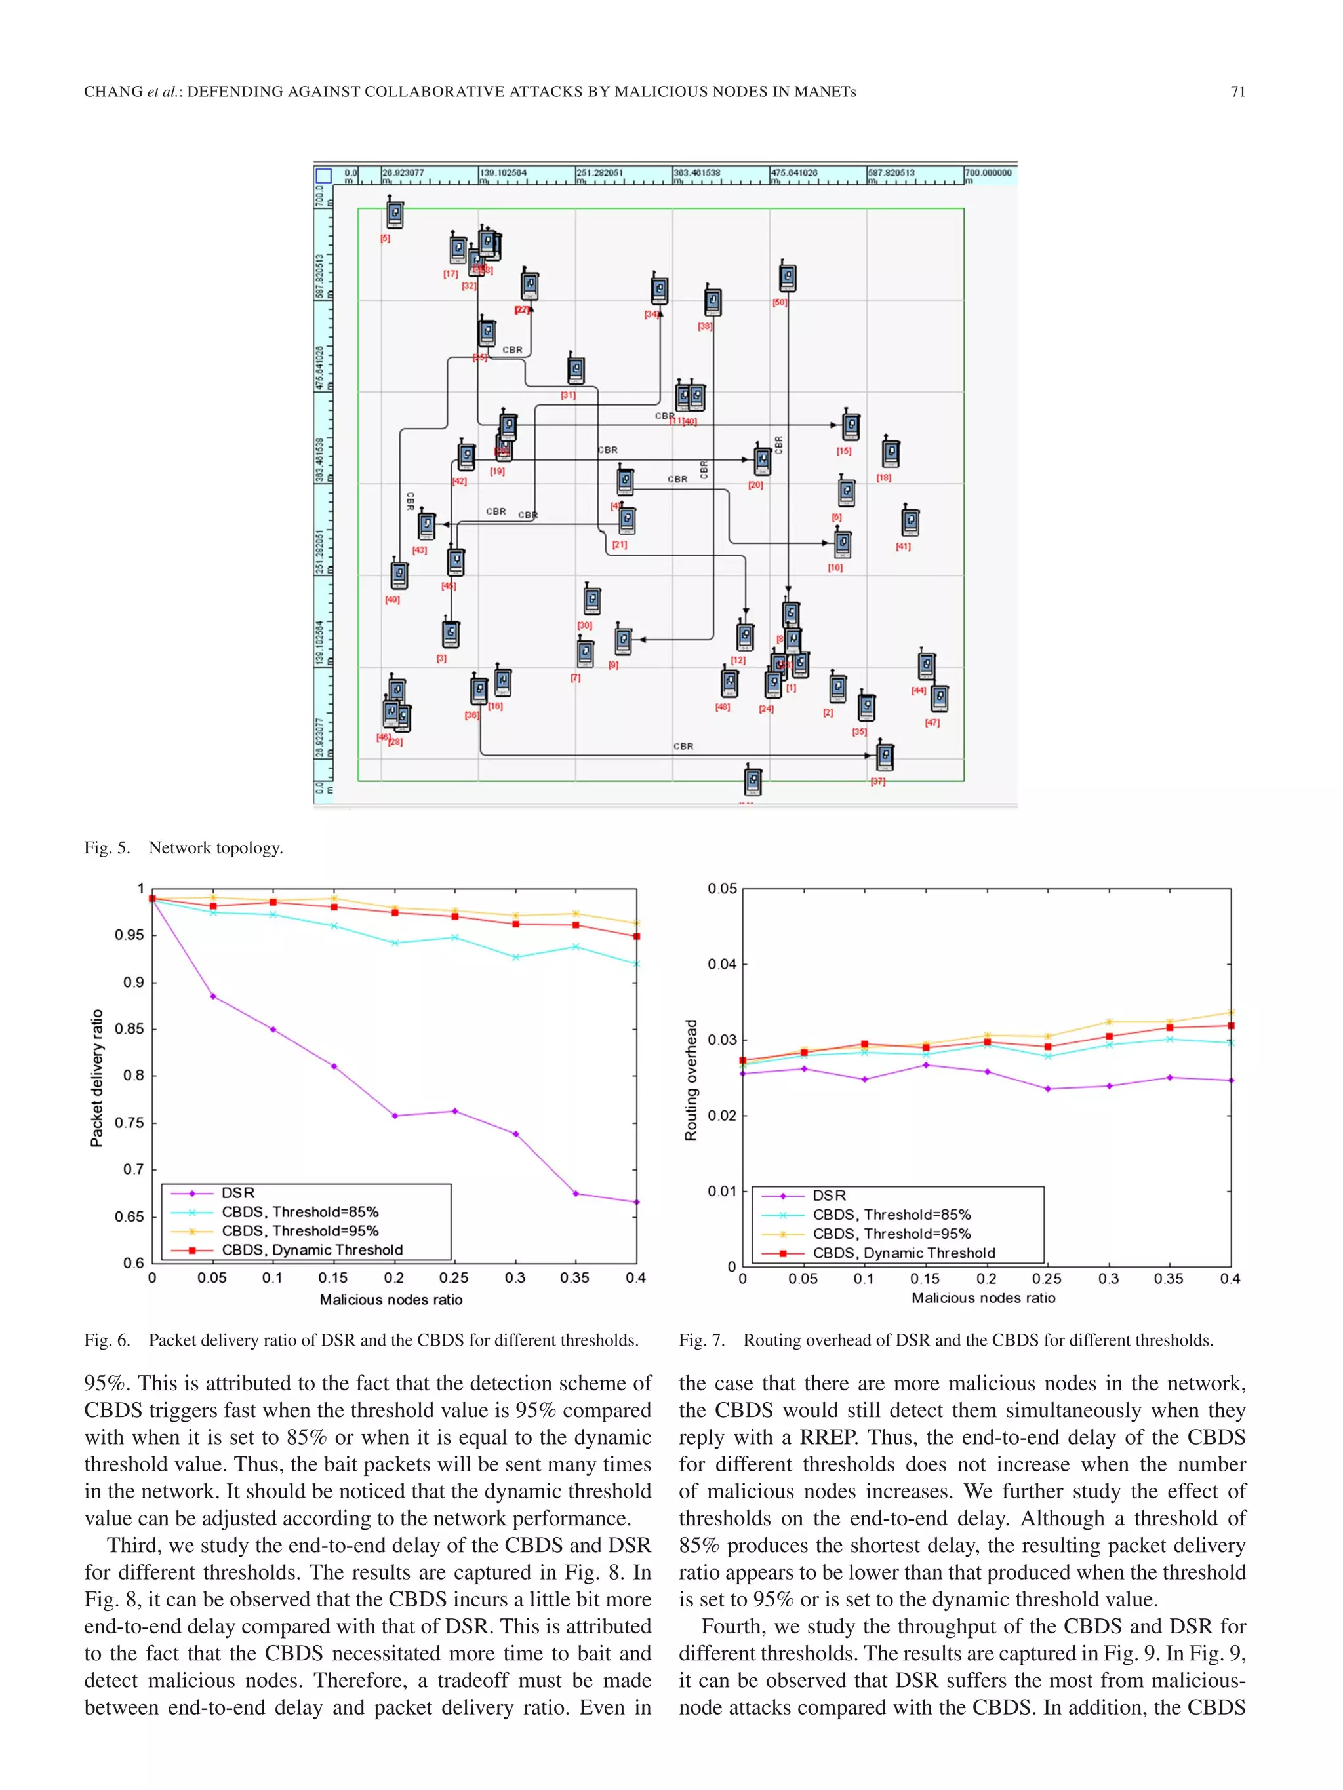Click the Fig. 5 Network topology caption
coord(184,848)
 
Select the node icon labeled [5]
coord(394,214)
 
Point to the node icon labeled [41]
coord(910,522)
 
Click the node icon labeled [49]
coord(398,575)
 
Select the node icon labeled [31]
coord(576,370)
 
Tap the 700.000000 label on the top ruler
coord(988,173)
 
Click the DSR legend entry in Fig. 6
coord(238,1193)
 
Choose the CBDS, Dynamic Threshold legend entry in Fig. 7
coord(904,1253)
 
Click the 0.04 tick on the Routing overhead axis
coord(722,963)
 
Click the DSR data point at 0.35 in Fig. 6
coord(576,1194)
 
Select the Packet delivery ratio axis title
coord(97,1078)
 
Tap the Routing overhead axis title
coord(691,1080)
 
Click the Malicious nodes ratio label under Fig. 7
coord(983,1298)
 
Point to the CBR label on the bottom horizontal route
coord(683,746)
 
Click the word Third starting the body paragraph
coord(134,1546)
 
